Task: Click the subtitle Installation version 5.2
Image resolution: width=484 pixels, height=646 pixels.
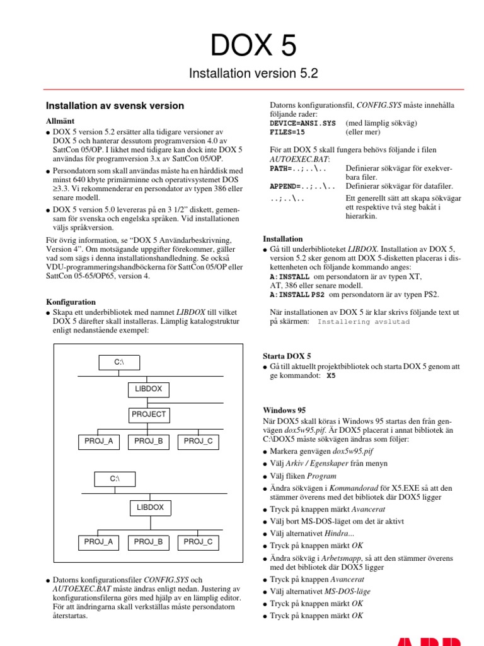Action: (253, 74)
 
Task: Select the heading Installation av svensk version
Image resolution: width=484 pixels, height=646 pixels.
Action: (115, 106)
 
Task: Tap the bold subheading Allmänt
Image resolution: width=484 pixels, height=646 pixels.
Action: (61, 120)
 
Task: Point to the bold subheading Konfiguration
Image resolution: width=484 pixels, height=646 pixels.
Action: (71, 302)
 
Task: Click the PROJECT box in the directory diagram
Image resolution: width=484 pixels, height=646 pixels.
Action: (149, 414)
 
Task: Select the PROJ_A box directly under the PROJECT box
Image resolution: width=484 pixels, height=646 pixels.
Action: (98, 442)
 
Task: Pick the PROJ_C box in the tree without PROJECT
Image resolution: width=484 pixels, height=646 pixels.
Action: (198, 542)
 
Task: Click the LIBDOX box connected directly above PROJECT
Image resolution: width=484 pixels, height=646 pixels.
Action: (149, 389)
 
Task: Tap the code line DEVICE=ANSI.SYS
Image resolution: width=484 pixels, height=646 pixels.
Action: (302, 124)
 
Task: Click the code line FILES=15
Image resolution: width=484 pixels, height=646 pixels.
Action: (287, 133)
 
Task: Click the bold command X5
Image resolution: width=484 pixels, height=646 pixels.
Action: (331, 375)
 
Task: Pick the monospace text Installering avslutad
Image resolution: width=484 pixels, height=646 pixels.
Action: (364, 322)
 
